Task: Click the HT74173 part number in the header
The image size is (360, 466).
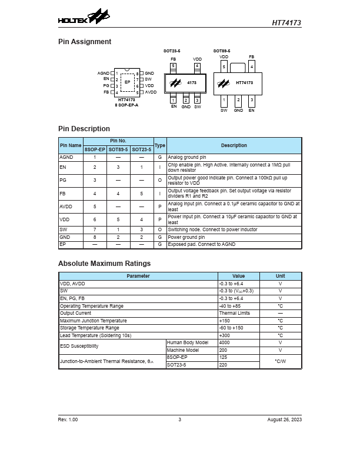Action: coord(286,23)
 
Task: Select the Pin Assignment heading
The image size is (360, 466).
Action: coord(85,42)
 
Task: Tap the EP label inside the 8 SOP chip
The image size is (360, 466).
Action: coord(127,82)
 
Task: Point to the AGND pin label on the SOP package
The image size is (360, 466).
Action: coord(104,73)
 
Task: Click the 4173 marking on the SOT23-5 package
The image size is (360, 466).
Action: coord(192,83)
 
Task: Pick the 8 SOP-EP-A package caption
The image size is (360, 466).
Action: coord(126,105)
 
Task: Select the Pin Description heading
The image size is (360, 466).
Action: coord(84,129)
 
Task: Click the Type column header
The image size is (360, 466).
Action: coord(159,145)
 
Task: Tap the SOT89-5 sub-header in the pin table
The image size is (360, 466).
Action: coord(118,149)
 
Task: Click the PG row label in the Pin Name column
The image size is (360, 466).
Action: coord(63,179)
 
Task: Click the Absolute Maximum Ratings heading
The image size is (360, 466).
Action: coord(104,264)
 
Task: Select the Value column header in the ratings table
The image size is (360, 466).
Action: coord(238,276)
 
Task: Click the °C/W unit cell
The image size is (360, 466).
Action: coord(280,361)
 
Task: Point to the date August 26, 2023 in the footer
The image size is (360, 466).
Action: coord(284,420)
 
